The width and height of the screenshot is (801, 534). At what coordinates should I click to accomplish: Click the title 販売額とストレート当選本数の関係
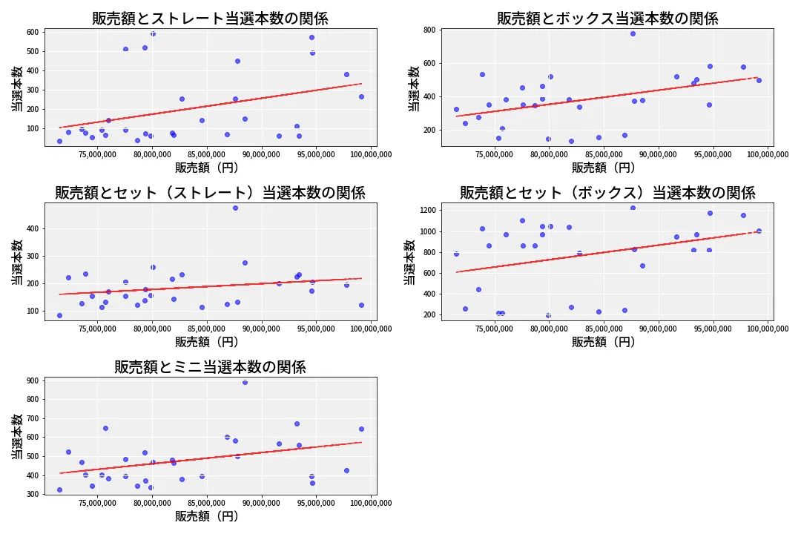point(210,19)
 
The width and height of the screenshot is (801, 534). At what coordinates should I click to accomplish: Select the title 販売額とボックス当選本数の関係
point(607,19)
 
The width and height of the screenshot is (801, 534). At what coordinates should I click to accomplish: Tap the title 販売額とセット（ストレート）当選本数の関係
point(210,193)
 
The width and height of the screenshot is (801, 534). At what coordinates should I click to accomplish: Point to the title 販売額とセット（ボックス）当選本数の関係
point(607,193)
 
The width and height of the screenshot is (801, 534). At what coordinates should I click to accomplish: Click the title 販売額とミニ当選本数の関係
point(210,367)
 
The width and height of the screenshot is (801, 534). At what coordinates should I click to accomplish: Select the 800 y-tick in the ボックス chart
point(429,30)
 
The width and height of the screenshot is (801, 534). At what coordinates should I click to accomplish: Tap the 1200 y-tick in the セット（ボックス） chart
point(426,211)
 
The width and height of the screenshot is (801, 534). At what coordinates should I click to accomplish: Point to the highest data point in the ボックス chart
point(633,33)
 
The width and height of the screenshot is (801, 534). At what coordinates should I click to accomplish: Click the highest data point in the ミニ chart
point(245,382)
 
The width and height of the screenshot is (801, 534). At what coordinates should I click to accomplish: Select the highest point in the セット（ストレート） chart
point(235,208)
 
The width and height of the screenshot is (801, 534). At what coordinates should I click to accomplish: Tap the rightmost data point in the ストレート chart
point(361,96)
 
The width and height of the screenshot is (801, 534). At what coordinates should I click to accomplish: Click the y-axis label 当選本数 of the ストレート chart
point(16,89)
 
